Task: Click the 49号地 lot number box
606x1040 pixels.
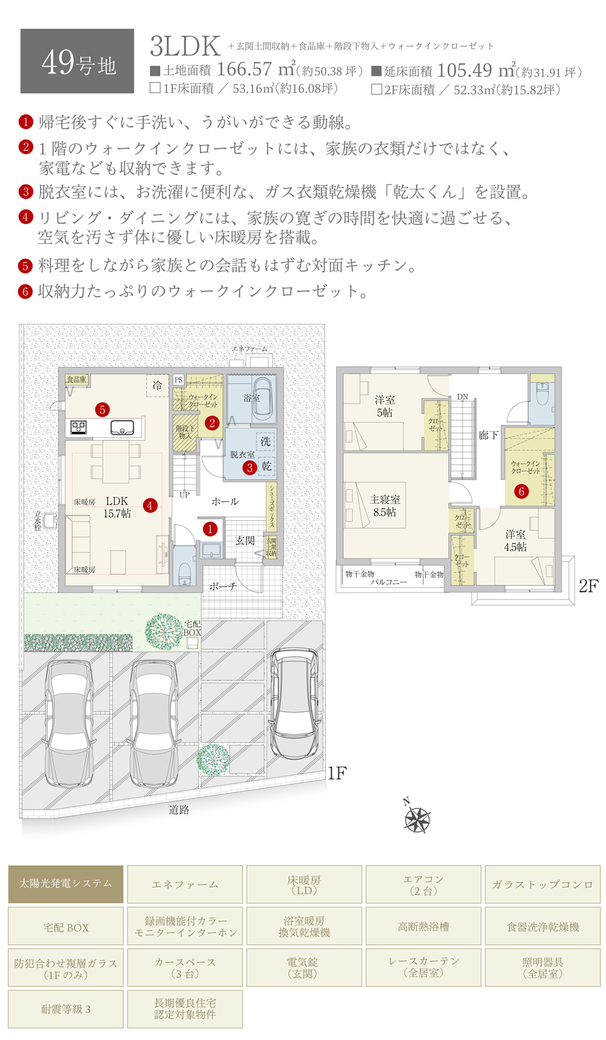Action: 77,61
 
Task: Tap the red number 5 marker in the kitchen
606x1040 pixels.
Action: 103,410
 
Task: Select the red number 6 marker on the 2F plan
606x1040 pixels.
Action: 521,491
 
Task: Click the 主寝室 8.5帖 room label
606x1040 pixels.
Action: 385,506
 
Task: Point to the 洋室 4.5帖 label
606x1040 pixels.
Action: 515,541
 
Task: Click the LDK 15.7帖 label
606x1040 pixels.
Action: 117,508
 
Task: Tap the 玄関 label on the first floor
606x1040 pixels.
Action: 245,541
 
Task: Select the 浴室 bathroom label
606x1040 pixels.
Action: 252,398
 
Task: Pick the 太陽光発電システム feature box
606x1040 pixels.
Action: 66,884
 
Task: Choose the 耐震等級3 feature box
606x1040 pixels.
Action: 66,1009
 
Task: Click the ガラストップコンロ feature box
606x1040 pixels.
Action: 543,884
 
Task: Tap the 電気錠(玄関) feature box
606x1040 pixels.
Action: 304,968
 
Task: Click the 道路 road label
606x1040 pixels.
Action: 179,810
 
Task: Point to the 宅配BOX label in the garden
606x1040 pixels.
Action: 192,628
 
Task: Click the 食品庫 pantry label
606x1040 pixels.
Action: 77,379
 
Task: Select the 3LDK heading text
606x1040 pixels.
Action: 185,47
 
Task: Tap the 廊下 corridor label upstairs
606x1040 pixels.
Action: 488,435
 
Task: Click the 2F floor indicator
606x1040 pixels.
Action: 588,586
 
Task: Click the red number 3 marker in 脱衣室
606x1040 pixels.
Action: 249,467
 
